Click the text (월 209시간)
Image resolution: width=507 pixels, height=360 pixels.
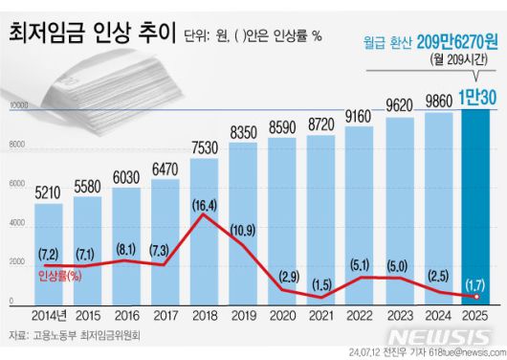coord(459,59)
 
